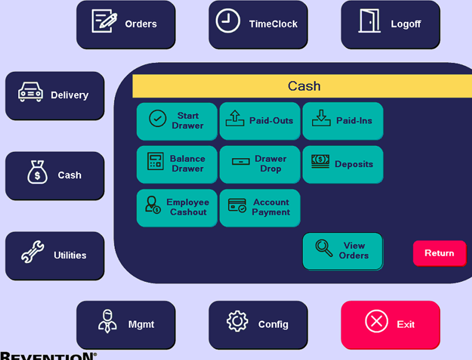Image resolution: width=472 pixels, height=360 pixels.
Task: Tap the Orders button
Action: pos(126,24)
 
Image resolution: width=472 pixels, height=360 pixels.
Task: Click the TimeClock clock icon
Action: pos(228,21)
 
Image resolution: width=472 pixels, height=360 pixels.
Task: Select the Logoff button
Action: pos(390,24)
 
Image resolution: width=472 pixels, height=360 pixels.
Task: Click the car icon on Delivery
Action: pos(30,92)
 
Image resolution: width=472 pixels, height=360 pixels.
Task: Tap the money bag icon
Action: pos(37,172)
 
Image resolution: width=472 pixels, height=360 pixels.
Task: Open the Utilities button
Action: pos(55,256)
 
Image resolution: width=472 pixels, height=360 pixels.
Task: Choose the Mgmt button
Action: pos(126,325)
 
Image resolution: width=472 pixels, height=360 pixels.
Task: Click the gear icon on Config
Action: pos(237,321)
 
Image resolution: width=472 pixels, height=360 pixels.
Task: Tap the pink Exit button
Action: pos(390,325)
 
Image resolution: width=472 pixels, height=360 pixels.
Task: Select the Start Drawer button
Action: pos(177,121)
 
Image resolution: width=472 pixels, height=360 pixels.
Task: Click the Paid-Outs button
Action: pos(260,121)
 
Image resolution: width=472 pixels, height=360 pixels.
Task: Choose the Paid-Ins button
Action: pos(343,121)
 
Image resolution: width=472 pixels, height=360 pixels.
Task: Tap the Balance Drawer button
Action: pos(177,164)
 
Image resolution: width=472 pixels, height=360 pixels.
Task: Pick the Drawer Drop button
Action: pos(260,164)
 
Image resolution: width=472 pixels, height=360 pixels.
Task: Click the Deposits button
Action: pos(343,164)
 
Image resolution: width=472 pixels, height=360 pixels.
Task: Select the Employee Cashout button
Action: pos(177,208)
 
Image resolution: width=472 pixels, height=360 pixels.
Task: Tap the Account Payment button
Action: pos(260,208)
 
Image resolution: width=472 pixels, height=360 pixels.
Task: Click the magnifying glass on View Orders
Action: pos(324,248)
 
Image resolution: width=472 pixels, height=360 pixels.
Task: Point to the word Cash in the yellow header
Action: pos(304,86)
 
